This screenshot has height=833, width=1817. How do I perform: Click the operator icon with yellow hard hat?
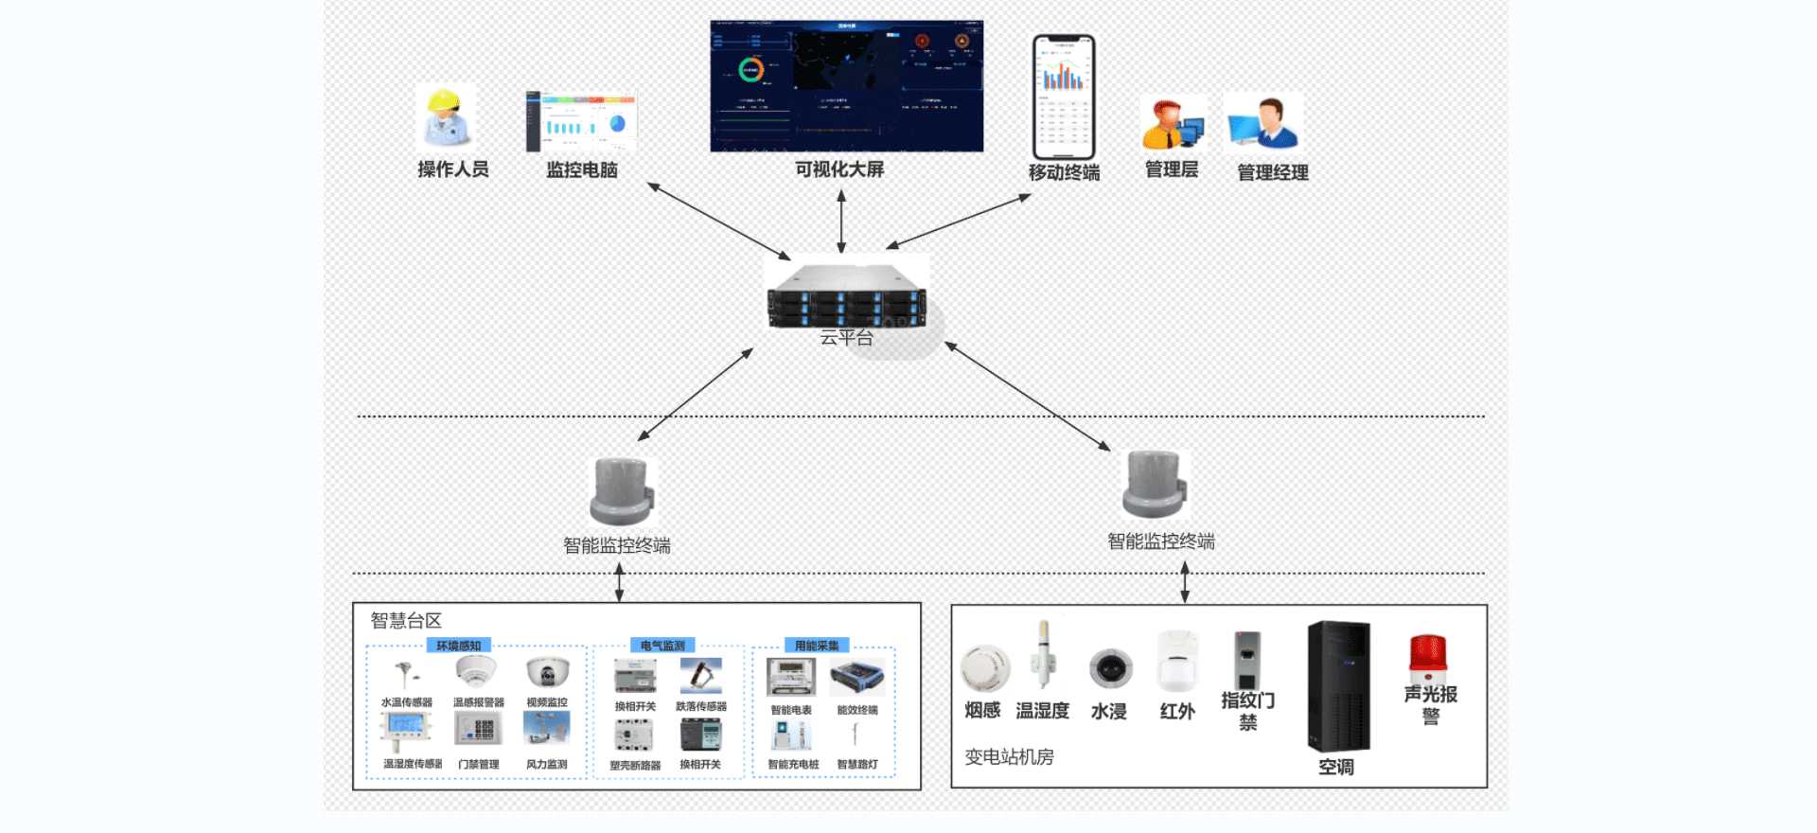coord(446,117)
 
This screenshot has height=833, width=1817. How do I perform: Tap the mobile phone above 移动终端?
coord(1064,97)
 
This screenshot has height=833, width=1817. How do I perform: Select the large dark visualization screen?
coord(846,86)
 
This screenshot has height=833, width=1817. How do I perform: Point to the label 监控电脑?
coord(582,170)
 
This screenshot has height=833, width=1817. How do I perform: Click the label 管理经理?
coord(1273,172)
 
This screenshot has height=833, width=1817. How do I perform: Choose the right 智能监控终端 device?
coord(1154,486)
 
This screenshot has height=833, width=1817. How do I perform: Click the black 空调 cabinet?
coord(1338,686)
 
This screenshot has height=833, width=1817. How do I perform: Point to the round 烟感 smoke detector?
coord(984,668)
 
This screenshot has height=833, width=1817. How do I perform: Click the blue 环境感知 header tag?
coord(459,646)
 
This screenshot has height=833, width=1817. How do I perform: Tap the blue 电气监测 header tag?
coord(662,646)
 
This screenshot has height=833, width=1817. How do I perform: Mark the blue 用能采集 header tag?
coord(817,646)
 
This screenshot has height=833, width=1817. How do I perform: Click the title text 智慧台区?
coord(406,621)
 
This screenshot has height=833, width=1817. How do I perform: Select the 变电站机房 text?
coord(1009,757)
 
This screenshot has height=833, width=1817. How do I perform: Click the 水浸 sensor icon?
coord(1110,668)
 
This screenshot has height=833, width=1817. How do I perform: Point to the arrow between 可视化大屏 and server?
coord(841,222)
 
